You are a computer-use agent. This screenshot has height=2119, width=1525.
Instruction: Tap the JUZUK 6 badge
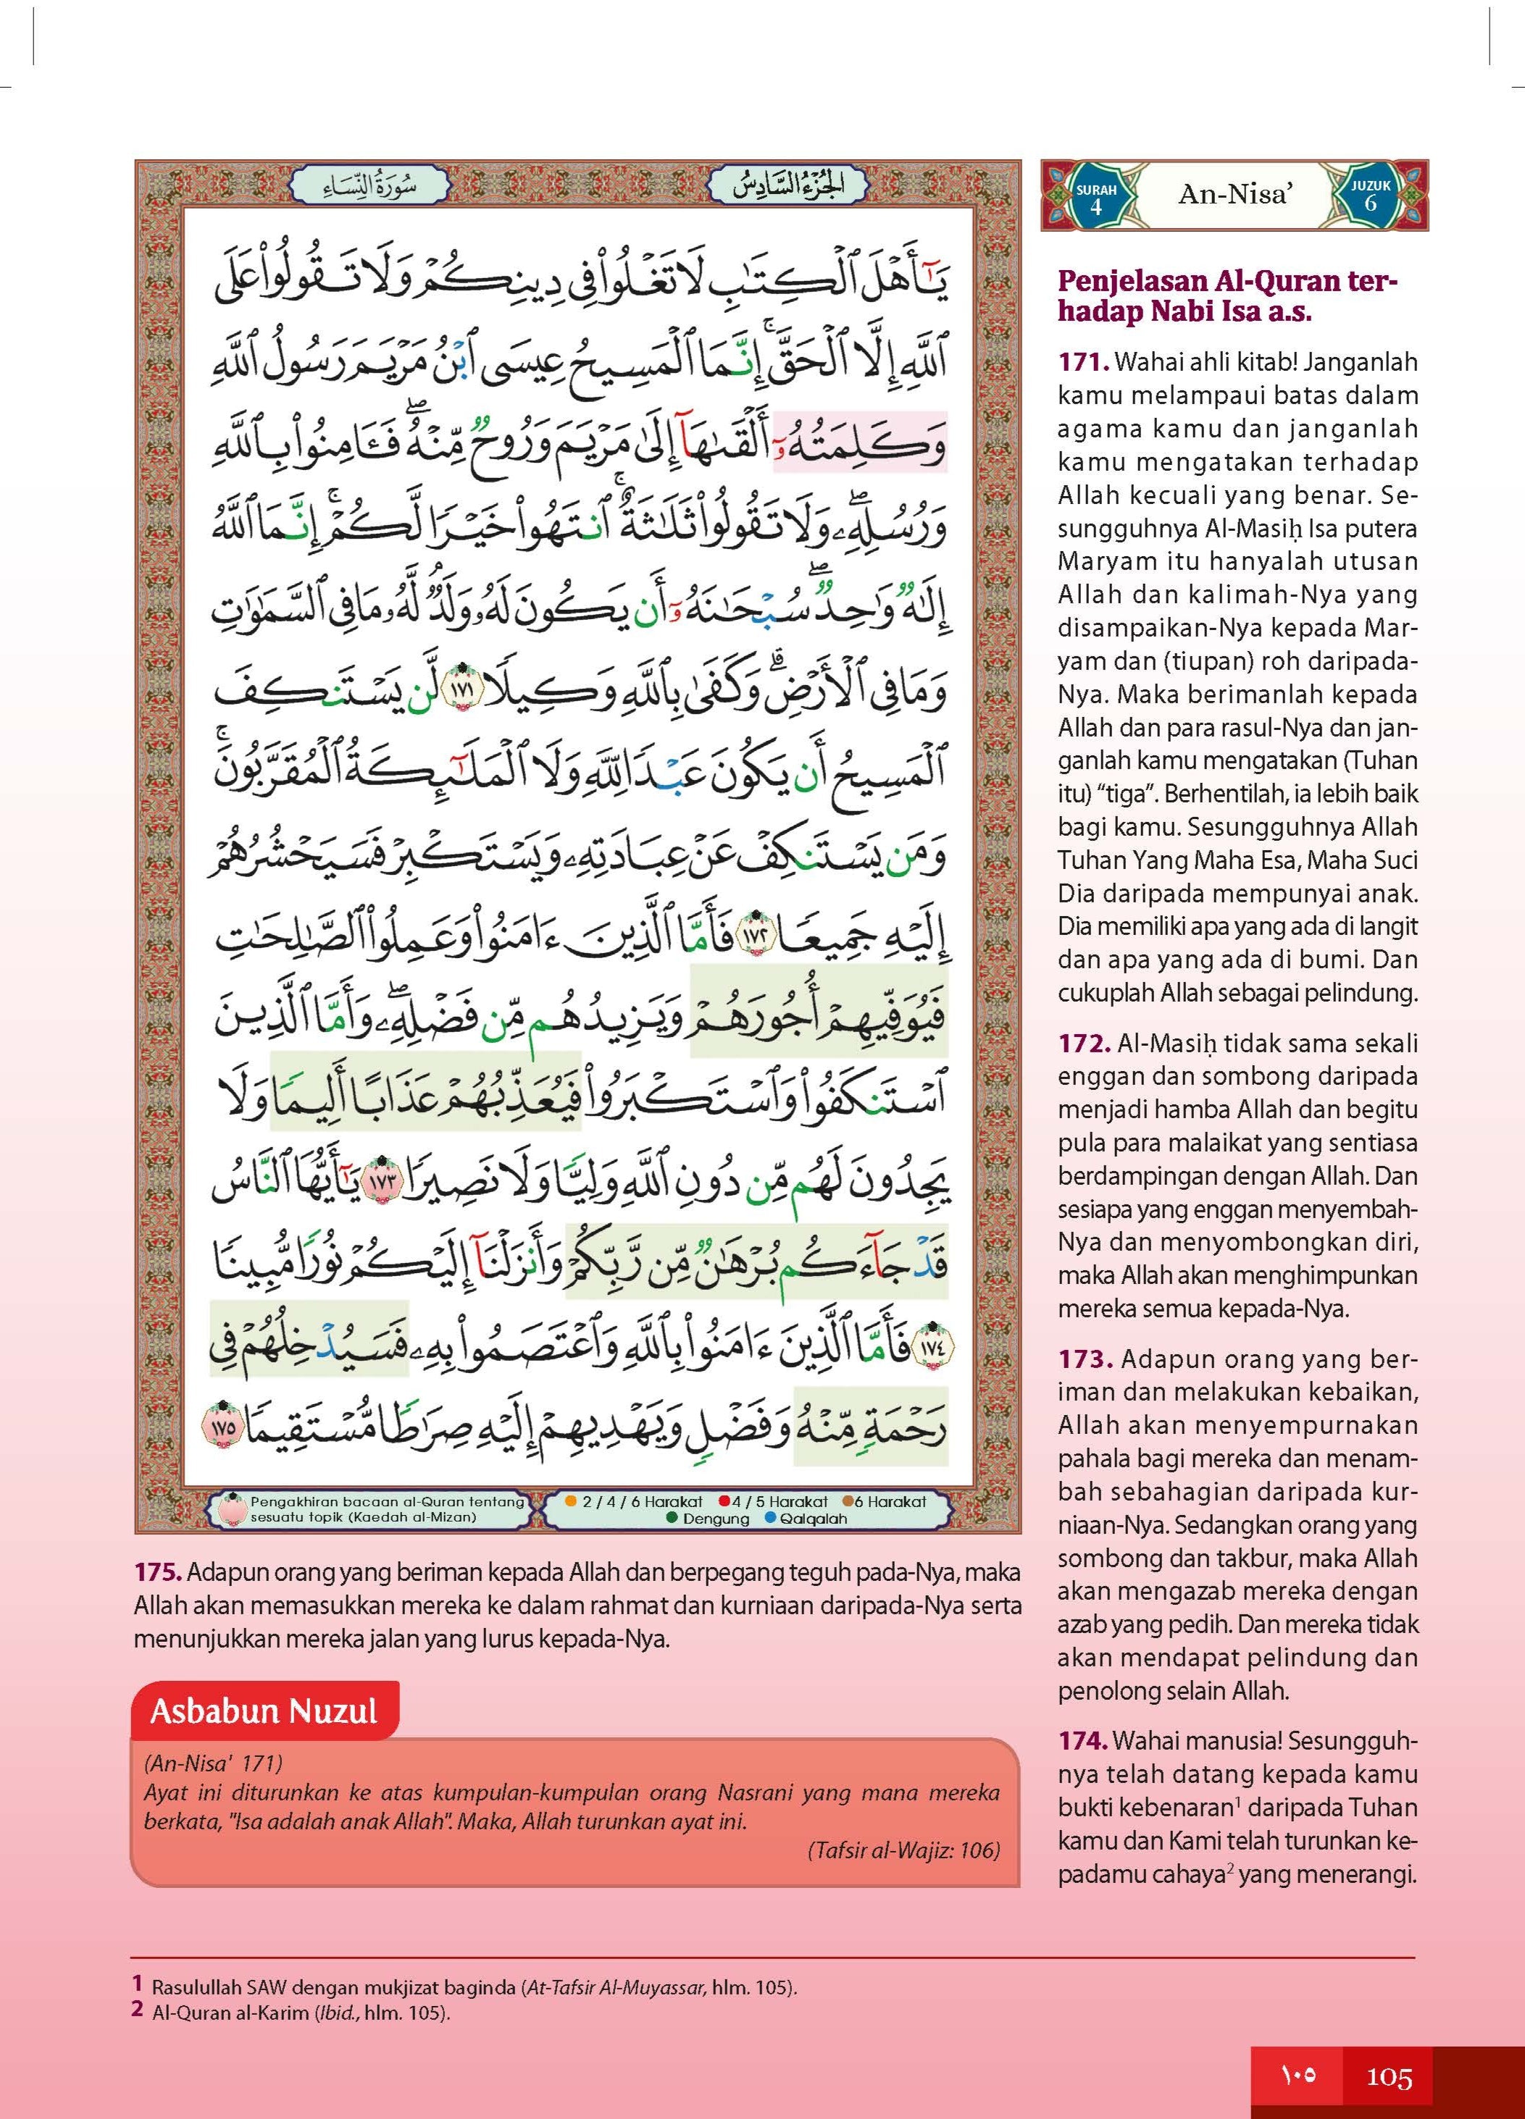tap(1370, 196)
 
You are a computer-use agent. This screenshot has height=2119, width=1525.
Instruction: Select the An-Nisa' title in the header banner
tap(1235, 194)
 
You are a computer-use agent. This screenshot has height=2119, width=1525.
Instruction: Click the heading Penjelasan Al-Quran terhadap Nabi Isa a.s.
tap(1227, 296)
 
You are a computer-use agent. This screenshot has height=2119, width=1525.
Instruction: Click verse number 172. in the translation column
tap(1084, 1043)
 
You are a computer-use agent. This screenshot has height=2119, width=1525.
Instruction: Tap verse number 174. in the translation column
tap(1082, 1741)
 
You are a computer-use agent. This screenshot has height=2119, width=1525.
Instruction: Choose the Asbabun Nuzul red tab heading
tap(264, 1712)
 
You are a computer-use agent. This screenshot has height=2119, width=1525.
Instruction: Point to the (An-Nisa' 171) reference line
tap(214, 1763)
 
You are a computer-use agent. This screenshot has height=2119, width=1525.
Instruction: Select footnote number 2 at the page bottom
tap(138, 2010)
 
